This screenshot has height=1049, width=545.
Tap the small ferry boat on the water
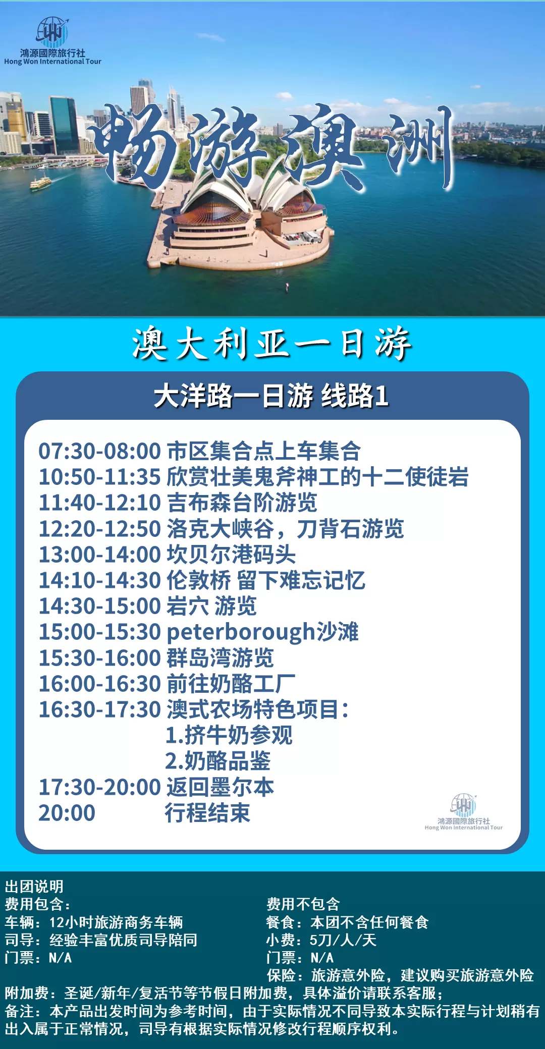coord(40,183)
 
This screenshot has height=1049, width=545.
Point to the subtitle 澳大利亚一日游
coord(272,344)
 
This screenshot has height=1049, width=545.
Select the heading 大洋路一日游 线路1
coord(271,396)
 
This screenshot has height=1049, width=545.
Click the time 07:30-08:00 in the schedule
coord(100,451)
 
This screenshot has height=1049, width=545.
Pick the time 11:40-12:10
coord(100,503)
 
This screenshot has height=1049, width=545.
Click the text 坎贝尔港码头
coord(231,555)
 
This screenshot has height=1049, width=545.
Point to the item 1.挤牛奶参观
coord(229,735)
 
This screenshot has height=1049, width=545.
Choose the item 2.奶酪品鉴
coord(218,761)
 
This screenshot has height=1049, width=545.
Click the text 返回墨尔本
coord(220,787)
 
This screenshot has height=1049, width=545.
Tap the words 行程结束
coord(208,813)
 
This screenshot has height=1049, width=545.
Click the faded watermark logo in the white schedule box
coord(464,812)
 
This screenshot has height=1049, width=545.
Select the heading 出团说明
coord(34,887)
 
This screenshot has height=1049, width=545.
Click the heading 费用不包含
coord(303,904)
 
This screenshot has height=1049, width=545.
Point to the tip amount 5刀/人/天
coord(343,940)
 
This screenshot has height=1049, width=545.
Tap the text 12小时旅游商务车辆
coord(116,922)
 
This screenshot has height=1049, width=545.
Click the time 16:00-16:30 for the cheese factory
coord(100,684)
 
